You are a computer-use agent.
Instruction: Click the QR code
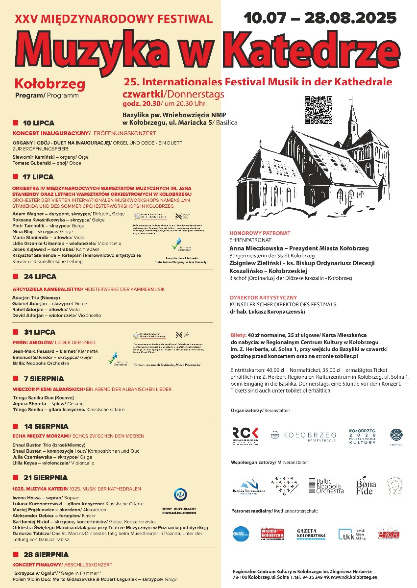coord(318,110)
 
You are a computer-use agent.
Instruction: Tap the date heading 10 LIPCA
coord(39,123)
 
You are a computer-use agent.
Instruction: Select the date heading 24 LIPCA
coord(39,276)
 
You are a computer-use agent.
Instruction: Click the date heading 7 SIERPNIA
coord(44,379)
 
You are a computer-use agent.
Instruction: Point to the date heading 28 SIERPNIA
coord(46,555)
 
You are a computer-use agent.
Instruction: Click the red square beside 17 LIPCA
coord(15,176)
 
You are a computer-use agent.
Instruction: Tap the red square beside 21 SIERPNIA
coord(15,477)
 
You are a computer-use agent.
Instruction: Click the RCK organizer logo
coord(245,435)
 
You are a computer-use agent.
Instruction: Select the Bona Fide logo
coord(366,485)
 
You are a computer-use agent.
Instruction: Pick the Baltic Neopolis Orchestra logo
coord(326,486)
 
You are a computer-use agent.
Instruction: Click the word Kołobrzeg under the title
coord(50,84)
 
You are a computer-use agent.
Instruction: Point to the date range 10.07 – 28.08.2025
coord(320,18)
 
